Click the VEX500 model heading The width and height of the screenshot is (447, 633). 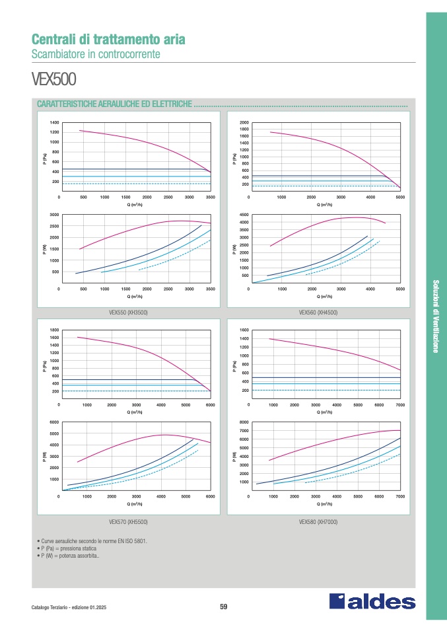click(54, 80)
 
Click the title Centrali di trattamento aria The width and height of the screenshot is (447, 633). click(108, 40)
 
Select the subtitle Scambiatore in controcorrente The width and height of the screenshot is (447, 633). click(96, 54)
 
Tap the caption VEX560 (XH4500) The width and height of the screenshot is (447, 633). click(318, 312)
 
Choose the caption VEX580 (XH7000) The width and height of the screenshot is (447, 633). click(318, 522)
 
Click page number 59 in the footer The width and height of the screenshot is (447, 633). click(223, 607)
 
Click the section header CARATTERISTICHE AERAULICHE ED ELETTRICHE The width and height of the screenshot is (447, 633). click(115, 104)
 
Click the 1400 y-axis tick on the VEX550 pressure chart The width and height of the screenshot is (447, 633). click(54, 123)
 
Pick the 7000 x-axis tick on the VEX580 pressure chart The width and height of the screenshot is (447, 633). click(400, 404)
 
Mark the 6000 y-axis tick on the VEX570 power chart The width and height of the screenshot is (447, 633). click(54, 422)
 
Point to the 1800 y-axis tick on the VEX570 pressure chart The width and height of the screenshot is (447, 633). click(54, 330)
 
